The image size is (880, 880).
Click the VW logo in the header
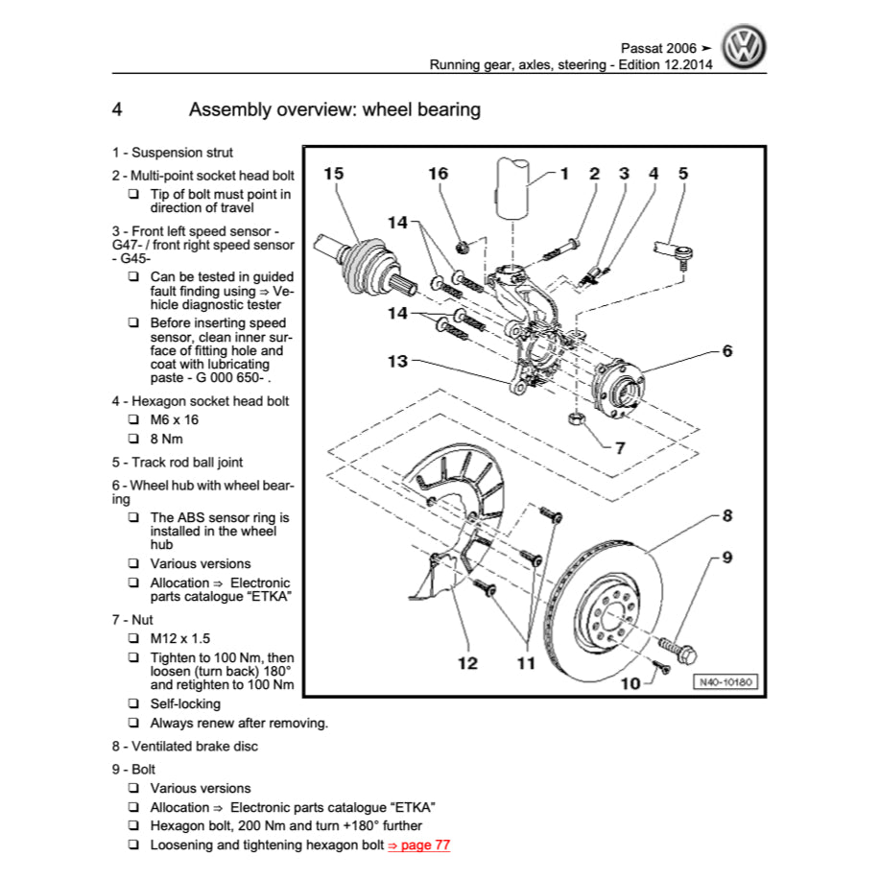pos(745,46)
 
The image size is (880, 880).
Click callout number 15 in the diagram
pos(333,174)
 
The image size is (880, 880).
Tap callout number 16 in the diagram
pos(438,174)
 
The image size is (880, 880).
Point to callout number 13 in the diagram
pos(397,362)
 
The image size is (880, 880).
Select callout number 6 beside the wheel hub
pos(727,351)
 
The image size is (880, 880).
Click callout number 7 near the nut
pos(620,447)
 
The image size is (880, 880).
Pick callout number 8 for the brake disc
pos(727,516)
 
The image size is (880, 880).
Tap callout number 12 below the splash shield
pos(467,663)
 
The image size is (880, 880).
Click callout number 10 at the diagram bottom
pos(630,683)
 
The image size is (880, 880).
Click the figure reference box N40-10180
pos(725,682)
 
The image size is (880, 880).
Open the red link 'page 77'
pos(418,845)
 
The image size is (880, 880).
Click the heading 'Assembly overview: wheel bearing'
pos(335,110)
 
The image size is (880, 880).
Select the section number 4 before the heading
pos(117,110)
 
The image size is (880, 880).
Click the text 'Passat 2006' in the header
pos(658,46)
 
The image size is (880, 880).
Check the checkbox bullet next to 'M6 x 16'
pos(133,420)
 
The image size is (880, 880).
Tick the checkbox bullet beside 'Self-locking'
pos(133,704)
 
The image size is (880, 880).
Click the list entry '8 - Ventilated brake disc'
pos(185,747)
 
